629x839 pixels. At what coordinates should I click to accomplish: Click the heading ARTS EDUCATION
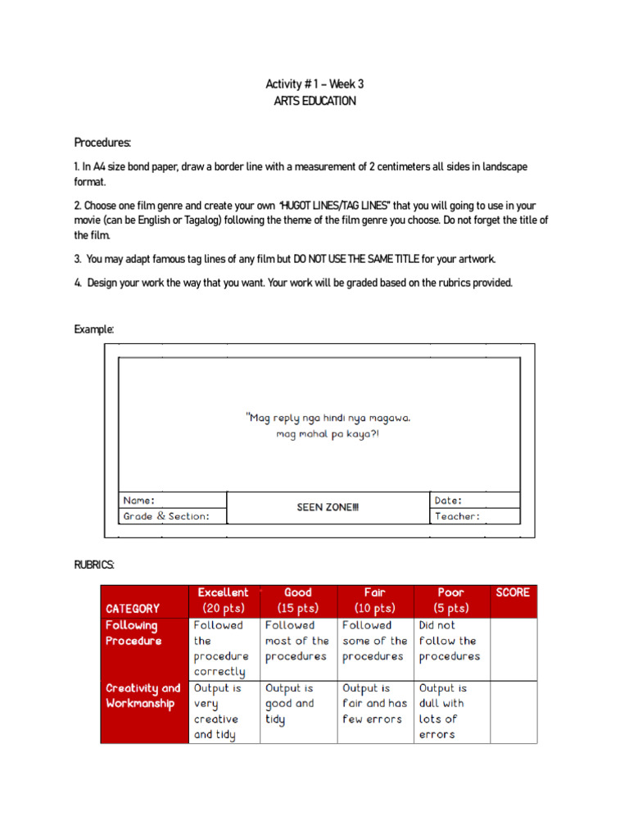314,101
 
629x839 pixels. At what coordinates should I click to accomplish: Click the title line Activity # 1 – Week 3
314,84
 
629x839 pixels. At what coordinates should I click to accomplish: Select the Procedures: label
102,143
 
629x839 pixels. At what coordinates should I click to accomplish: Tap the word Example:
94,329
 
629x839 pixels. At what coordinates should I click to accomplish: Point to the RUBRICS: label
94,565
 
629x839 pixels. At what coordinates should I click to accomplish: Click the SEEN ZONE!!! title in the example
328,508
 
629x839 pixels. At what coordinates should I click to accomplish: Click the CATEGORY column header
133,608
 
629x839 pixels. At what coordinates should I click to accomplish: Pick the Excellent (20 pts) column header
223,601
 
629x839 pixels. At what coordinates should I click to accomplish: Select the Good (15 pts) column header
298,601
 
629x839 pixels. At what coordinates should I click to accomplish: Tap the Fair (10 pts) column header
375,601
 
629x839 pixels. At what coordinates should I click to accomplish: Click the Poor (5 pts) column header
451,601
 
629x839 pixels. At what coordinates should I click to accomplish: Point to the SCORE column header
513,592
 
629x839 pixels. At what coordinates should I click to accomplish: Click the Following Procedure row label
134,633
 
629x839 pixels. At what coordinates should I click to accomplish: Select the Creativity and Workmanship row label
143,696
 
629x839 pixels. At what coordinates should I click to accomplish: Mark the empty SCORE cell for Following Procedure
514,649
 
